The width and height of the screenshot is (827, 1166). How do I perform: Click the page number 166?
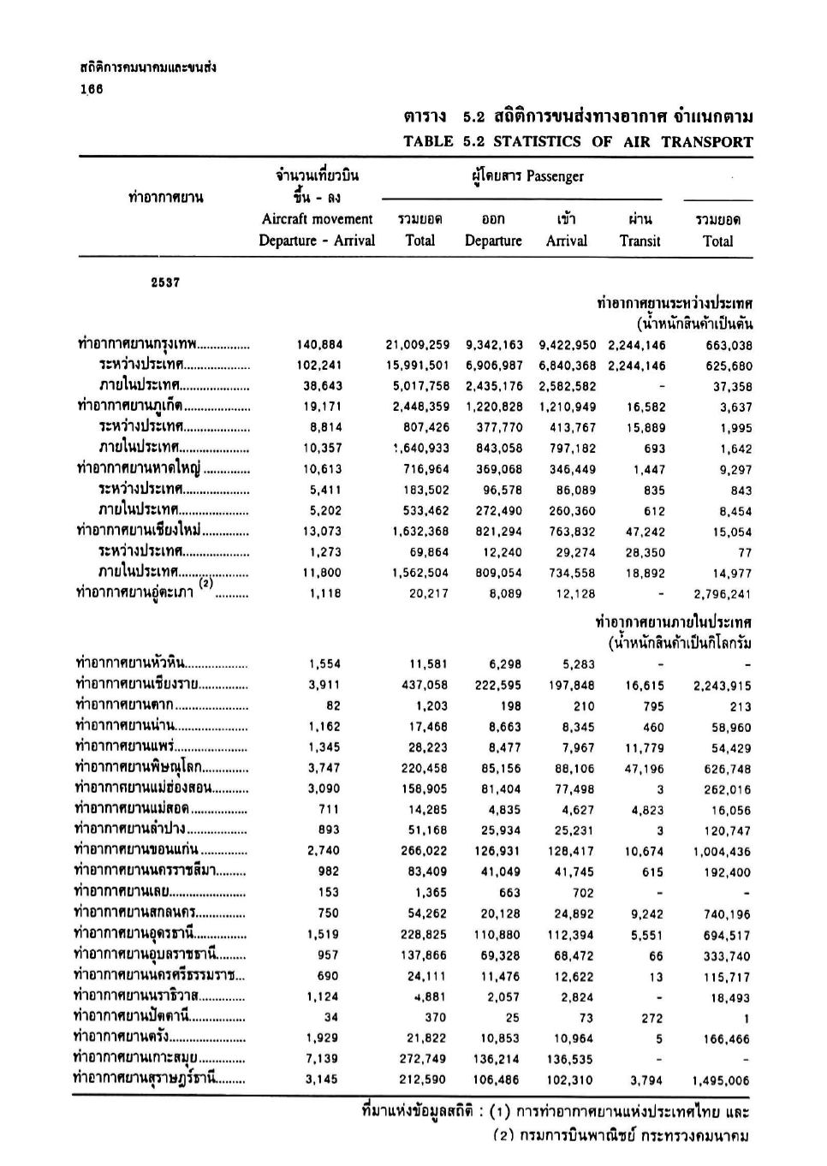tap(92, 89)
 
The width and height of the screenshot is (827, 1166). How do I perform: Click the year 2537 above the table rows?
tap(165, 283)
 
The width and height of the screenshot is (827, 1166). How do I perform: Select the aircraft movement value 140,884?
tap(319, 345)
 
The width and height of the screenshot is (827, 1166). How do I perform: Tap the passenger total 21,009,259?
tap(417, 345)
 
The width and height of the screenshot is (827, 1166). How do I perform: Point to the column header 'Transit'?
tap(640, 241)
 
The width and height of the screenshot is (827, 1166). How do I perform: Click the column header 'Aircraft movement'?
tap(317, 219)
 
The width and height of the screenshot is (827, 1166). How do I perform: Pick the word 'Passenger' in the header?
tap(555, 176)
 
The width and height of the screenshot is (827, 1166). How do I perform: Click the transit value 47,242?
tap(645, 532)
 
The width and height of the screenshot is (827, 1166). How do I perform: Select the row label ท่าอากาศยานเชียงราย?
tap(138, 684)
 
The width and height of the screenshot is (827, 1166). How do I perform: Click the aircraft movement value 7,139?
tap(322, 1059)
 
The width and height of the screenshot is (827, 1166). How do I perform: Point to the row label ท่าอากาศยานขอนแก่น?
tap(137, 850)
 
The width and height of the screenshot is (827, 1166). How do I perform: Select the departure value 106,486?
tap(497, 1080)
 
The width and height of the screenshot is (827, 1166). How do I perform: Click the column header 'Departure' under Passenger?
tap(493, 241)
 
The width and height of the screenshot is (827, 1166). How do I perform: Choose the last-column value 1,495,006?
tap(722, 1081)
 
